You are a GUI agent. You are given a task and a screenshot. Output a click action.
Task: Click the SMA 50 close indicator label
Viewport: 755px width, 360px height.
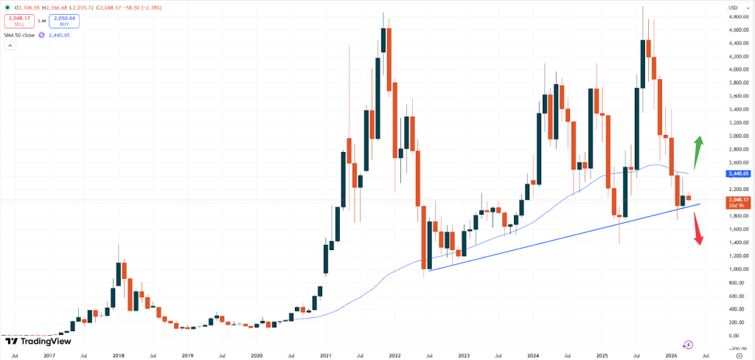19,35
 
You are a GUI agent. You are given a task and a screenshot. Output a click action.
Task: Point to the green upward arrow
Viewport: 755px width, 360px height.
697,152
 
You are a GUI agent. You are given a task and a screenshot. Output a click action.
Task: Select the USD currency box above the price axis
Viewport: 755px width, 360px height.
734,7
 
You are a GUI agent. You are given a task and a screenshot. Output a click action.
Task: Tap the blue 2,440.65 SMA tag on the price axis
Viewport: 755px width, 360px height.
738,173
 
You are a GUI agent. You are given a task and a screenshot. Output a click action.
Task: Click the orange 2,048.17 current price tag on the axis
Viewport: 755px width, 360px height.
738,201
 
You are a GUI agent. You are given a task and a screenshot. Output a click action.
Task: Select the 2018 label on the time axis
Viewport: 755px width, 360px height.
119,355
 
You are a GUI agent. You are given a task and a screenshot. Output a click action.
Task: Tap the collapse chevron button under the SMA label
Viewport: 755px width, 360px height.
10,46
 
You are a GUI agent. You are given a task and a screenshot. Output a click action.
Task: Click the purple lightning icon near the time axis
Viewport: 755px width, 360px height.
688,344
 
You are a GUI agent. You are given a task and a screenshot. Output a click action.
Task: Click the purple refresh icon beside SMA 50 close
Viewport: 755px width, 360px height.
42,35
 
